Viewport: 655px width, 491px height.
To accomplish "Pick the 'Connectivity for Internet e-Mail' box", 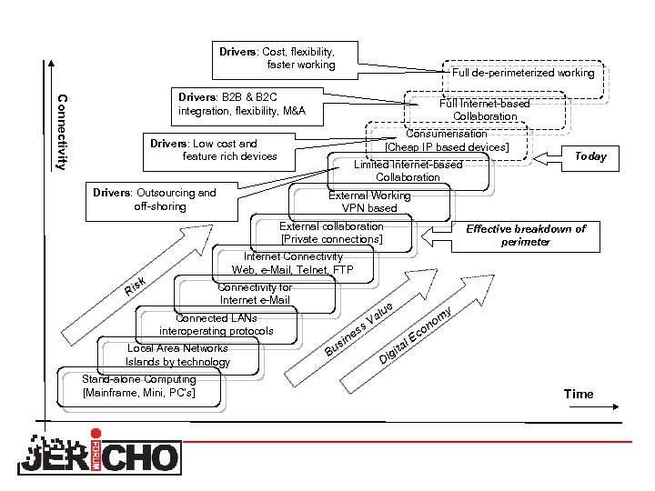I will pyautogui.click(x=255, y=294).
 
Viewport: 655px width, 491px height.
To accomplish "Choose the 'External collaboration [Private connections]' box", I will pyautogui.click(x=331, y=232).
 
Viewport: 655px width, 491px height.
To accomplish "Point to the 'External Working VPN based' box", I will pyautogui.click(x=369, y=202).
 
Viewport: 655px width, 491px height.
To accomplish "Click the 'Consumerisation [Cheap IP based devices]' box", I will pyautogui.click(x=447, y=140).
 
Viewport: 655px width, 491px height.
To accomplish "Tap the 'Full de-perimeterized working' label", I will pyautogui.click(x=522, y=72).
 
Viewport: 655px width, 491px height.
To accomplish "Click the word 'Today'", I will pyautogui.click(x=590, y=156).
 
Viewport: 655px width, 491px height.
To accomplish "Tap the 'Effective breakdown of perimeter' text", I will pyautogui.click(x=526, y=235).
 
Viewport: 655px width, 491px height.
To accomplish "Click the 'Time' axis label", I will pyautogui.click(x=579, y=394).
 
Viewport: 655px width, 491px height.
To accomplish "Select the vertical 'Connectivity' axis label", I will pyautogui.click(x=61, y=132).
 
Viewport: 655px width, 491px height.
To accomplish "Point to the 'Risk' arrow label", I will pyautogui.click(x=137, y=287).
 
